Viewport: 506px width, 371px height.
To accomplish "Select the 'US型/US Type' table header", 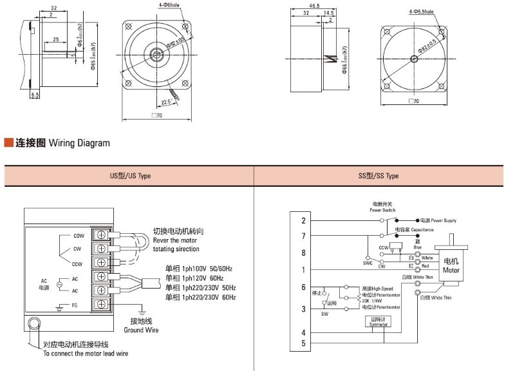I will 129,176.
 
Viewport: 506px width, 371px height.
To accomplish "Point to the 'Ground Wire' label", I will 142,330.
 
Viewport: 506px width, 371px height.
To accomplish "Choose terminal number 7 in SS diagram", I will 303,236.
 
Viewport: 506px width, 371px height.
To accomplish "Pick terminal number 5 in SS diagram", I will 303,344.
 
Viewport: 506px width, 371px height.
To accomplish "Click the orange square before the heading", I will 8,142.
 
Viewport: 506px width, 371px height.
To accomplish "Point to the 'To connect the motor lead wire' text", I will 86,354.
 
